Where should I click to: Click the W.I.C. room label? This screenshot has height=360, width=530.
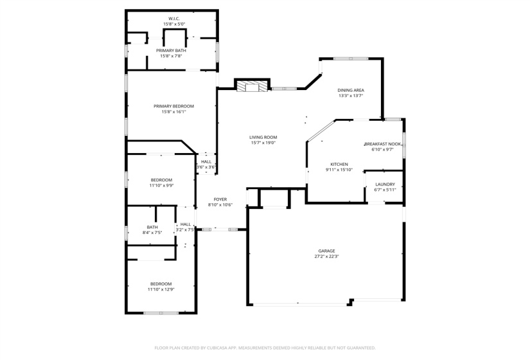pos(173,19)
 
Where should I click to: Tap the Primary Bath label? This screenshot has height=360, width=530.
pos(172,50)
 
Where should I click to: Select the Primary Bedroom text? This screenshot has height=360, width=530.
pos(173,106)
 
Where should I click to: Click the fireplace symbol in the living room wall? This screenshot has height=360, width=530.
pos(251,86)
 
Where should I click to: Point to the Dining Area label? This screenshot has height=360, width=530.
pos(351,90)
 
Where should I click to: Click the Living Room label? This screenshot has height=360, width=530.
pos(263,137)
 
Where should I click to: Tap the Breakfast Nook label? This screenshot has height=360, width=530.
pos(382,144)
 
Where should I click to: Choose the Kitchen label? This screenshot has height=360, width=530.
pos(339,164)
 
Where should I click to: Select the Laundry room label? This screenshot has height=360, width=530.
pos(385,184)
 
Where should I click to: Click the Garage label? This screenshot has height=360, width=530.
pos(326,251)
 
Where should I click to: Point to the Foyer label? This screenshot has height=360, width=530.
pos(220,199)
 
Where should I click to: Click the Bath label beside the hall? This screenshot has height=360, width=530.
pos(152,227)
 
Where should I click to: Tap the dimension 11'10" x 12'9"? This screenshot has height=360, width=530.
pos(161,289)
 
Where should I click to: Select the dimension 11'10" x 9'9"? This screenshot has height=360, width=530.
pos(161,185)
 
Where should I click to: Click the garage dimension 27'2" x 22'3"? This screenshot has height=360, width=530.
pos(326,256)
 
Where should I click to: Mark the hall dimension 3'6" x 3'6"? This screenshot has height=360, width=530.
pos(206,167)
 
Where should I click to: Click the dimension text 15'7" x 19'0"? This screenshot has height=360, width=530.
pos(263,143)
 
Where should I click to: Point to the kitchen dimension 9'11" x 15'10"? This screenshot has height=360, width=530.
pos(339,170)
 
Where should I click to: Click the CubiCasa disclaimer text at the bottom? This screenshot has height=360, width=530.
pos(265,348)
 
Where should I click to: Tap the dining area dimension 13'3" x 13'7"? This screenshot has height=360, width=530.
pos(351,96)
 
